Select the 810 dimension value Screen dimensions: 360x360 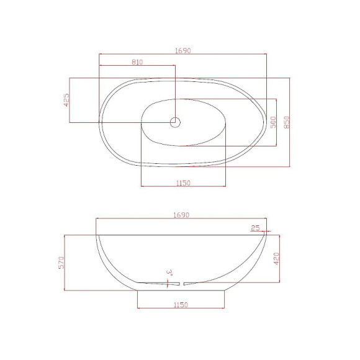138,61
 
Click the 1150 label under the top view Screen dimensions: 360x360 182,182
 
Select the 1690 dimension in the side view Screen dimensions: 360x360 181,215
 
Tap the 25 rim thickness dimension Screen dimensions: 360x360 255,228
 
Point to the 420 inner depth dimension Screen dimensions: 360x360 276,258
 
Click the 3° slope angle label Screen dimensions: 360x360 169,272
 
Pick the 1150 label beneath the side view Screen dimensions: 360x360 181,305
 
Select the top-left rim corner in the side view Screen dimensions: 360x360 96,235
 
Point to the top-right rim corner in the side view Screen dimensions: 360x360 267,235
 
